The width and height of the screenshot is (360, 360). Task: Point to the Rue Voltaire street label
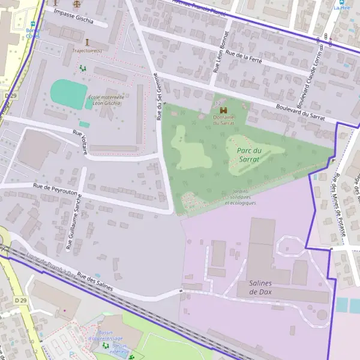pos(80,142)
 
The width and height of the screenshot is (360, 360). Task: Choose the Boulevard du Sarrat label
pos(300,112)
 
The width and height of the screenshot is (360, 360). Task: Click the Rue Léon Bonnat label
pos(220,52)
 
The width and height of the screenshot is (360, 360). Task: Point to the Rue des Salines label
pos(95,280)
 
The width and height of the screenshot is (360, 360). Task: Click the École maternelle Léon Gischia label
pos(106,100)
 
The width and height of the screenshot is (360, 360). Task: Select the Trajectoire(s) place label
pos(87,50)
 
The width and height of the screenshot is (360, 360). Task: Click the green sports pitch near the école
pos(68,92)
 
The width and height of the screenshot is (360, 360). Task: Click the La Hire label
pos(341,8)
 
